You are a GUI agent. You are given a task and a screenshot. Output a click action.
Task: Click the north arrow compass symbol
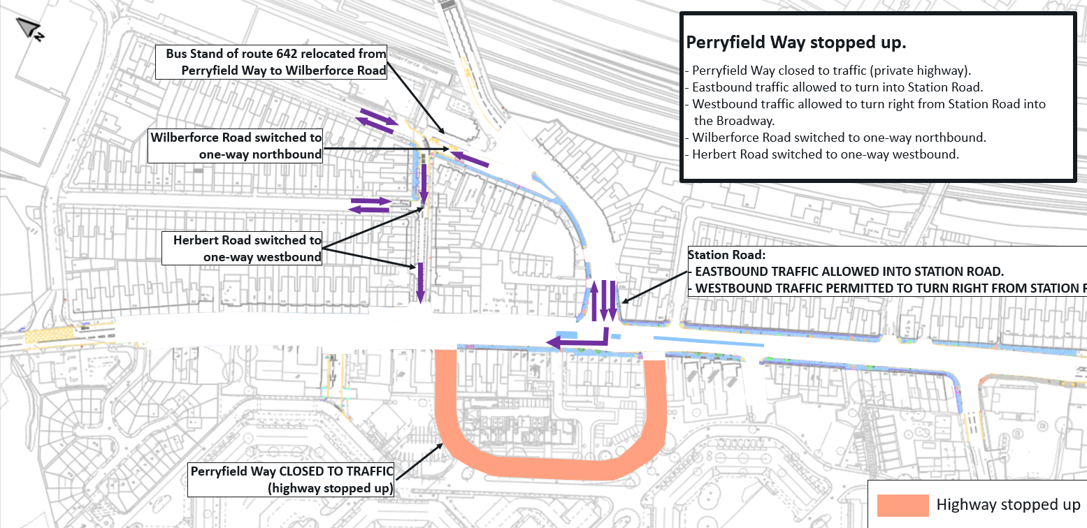31,29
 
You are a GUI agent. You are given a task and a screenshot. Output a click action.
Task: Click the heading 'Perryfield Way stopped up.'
796,43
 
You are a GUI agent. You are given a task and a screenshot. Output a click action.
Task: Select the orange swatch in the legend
902,505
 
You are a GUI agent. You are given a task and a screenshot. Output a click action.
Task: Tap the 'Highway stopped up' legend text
1008,504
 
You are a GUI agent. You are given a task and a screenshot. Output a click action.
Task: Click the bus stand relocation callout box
271,62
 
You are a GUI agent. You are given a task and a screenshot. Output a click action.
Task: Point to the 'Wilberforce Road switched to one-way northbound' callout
236,146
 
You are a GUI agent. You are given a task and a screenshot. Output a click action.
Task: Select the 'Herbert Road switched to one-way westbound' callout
242,248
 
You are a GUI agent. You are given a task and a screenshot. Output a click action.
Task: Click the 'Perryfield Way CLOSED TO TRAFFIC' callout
291,479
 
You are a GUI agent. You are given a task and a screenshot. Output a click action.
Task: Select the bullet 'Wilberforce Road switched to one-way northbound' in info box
835,138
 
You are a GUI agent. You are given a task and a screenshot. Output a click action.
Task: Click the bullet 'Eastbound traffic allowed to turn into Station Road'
835,87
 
